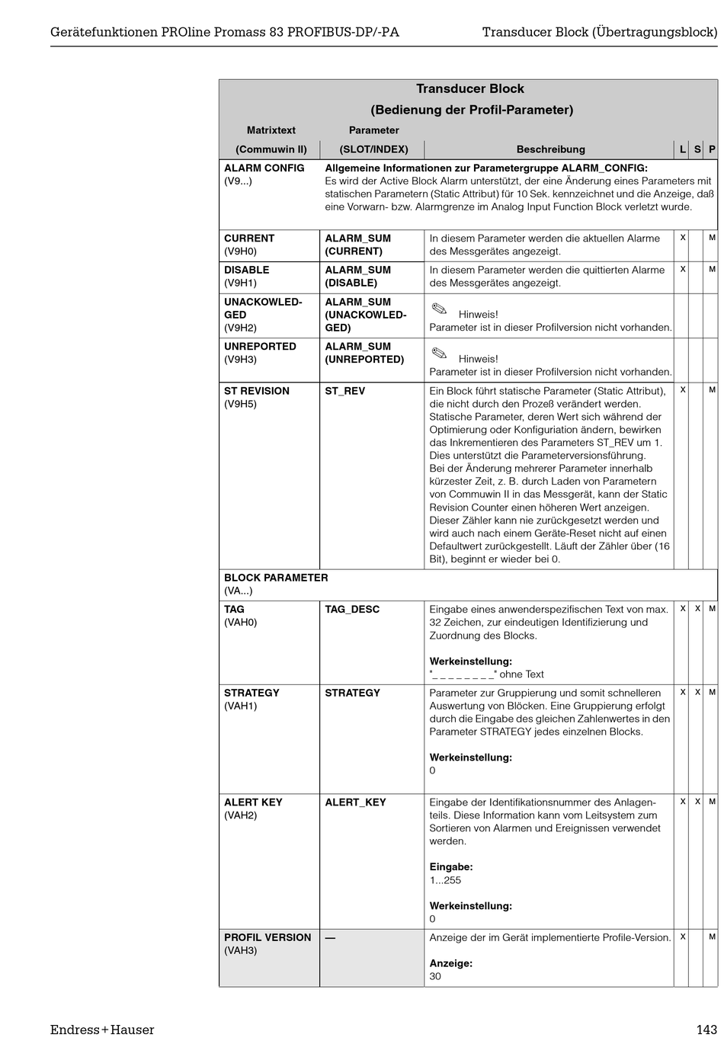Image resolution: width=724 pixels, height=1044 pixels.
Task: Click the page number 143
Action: click(x=706, y=1030)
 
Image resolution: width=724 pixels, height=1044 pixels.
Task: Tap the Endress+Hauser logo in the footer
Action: click(x=102, y=1030)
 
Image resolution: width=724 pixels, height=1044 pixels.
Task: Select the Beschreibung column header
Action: click(x=550, y=149)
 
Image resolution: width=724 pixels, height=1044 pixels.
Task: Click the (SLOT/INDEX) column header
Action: click(x=373, y=149)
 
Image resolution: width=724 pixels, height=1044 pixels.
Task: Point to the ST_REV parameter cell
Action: click(x=345, y=391)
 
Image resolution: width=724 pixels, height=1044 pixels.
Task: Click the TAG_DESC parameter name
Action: click(x=352, y=609)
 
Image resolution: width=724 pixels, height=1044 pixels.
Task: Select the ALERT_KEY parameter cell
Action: click(x=355, y=802)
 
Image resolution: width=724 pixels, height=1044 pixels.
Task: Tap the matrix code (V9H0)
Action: click(x=240, y=251)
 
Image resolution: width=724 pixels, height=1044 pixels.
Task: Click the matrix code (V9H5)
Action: click(x=240, y=404)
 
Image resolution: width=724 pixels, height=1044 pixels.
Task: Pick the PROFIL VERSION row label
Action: click(x=267, y=937)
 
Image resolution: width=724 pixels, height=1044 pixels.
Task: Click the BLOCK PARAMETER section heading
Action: click(x=276, y=578)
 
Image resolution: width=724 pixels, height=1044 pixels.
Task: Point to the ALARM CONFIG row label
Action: click(x=264, y=168)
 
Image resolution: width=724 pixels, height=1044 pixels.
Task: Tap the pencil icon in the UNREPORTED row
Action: click(x=438, y=353)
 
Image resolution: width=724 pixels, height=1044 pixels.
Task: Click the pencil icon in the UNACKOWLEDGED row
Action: click(x=438, y=309)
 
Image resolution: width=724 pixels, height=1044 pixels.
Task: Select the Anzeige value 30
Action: click(x=435, y=976)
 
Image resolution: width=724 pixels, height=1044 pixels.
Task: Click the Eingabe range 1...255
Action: click(x=445, y=880)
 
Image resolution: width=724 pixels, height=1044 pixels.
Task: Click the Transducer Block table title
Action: click(x=469, y=89)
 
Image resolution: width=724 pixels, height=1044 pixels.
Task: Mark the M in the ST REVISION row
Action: click(x=712, y=390)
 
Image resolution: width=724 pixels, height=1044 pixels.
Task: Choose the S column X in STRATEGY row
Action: click(x=697, y=692)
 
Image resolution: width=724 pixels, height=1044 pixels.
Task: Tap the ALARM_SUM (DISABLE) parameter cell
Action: click(x=358, y=277)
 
